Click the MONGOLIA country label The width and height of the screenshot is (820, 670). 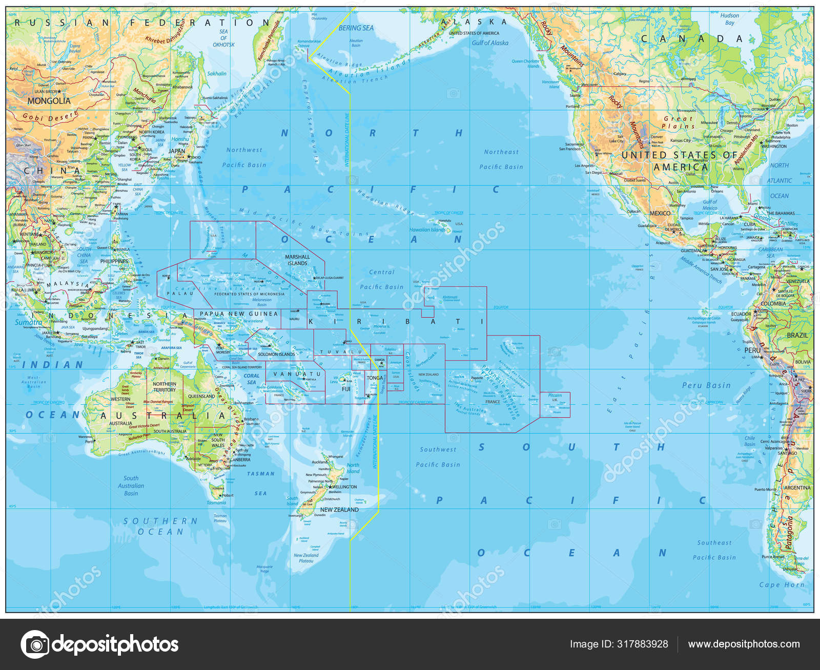[x=49, y=101]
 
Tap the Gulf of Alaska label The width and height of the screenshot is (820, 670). [x=490, y=43]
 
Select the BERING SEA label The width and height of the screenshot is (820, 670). [x=356, y=28]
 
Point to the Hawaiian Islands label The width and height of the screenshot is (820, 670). [x=427, y=230]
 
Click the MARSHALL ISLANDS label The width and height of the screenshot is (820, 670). [x=297, y=260]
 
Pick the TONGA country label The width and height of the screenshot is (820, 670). [x=375, y=378]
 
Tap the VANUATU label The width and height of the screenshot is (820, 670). [x=297, y=374]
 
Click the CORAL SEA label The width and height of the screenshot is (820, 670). [x=251, y=379]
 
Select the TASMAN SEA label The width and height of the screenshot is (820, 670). [x=261, y=483]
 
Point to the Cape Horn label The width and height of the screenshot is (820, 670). [x=782, y=584]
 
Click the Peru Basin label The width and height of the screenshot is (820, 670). [x=706, y=385]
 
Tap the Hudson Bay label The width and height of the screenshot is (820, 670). [x=729, y=19]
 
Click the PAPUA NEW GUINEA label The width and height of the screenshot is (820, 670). [x=238, y=313]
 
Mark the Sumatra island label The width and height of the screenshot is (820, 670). [x=28, y=322]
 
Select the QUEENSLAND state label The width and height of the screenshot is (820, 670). [x=201, y=396]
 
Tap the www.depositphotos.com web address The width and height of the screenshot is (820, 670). [x=744, y=644]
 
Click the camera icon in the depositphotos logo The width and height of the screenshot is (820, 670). [x=35, y=644]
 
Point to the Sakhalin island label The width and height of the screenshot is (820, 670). [x=216, y=74]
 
